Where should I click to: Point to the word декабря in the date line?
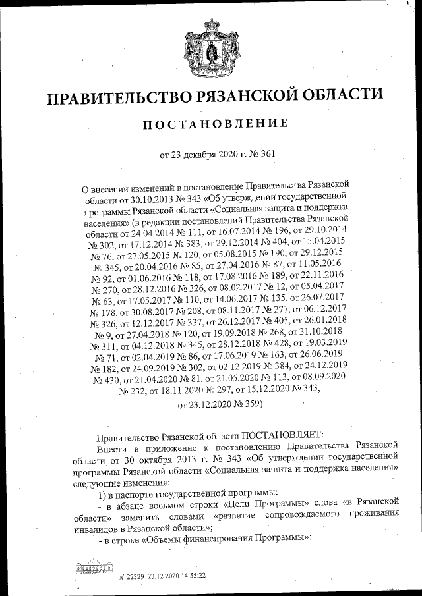(199, 155)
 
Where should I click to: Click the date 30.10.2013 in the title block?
(145, 196)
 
